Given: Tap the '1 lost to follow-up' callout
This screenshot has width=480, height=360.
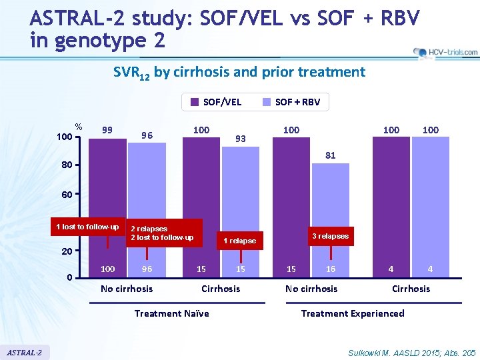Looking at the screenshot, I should pos(87,227).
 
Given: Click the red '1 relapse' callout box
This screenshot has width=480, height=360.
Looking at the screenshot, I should pos(239,241).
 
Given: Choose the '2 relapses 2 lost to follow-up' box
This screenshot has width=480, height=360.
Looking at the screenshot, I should pos(164,233).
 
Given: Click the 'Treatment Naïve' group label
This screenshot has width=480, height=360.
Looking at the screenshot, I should pos(171,313).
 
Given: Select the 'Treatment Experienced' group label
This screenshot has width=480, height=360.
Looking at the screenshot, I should pos(353,313).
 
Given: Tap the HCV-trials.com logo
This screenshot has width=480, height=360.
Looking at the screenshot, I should pos(445,52).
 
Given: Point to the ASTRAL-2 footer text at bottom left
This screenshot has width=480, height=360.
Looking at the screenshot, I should pos(25,351).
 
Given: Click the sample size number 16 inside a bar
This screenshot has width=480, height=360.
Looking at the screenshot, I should pos(331,269).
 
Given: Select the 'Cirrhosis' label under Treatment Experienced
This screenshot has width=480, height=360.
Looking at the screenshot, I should pos(411,289).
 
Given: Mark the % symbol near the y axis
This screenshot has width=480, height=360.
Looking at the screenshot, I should pos(79,127).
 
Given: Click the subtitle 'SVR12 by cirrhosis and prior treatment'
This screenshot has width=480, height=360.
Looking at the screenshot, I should pos(239,72).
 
